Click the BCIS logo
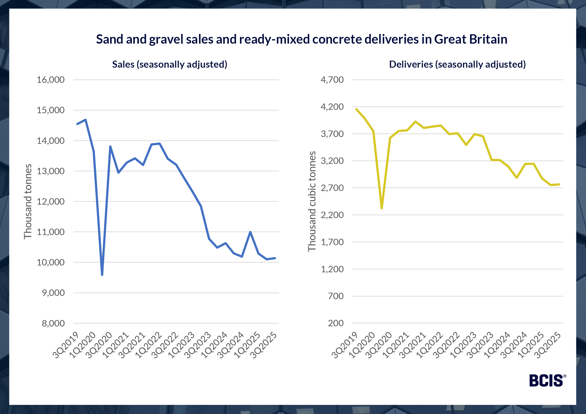(547, 381)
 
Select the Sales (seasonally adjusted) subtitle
(170, 64)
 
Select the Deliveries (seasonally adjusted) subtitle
(457, 64)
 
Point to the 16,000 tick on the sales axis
(51, 80)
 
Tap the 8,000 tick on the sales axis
(53, 323)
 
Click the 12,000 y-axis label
(51, 201)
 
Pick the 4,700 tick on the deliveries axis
(332, 80)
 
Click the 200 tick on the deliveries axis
(336, 323)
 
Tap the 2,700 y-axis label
(332, 188)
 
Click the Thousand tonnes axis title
(28, 201)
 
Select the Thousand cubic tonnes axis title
(312, 201)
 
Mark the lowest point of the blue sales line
(102, 275)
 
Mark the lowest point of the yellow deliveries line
(382, 208)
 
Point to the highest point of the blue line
(86, 120)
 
